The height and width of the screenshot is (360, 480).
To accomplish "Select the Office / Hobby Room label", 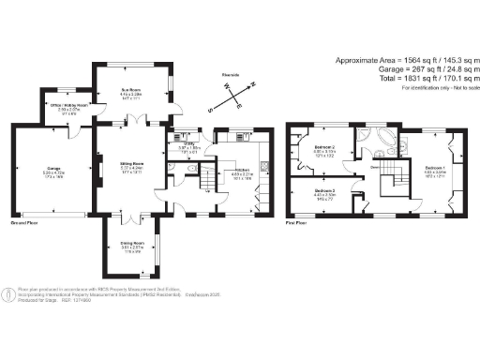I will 69,105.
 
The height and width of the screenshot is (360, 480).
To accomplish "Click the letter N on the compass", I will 253,83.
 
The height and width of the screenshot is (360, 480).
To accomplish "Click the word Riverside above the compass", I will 233,72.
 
